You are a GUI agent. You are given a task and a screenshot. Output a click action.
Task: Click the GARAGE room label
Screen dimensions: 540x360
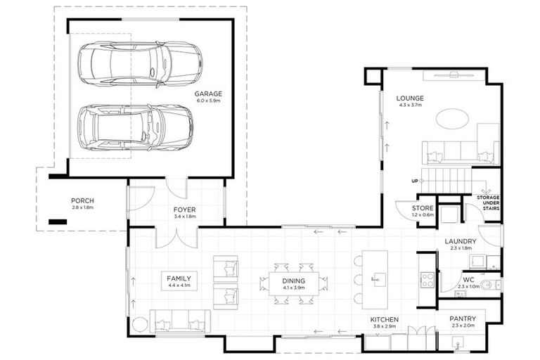(x=208, y=94)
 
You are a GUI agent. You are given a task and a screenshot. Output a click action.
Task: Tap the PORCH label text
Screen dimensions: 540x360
(x=82, y=200)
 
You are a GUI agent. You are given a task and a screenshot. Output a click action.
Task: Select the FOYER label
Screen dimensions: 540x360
(x=185, y=210)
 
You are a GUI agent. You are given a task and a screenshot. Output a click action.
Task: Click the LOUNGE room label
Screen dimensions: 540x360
(x=410, y=98)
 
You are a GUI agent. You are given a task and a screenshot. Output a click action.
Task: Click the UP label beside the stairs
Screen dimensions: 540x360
(x=415, y=181)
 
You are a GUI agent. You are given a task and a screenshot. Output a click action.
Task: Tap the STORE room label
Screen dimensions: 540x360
(x=423, y=208)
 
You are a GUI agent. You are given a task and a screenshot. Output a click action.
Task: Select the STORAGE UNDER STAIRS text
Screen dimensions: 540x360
(x=488, y=203)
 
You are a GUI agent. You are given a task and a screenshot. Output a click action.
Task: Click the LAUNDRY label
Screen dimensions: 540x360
(x=461, y=241)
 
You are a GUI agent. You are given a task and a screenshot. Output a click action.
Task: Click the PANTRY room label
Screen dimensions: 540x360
(x=463, y=319)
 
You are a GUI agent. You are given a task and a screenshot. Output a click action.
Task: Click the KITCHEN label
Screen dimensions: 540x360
(x=385, y=320)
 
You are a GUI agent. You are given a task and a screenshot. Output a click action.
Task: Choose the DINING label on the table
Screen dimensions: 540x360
(x=294, y=281)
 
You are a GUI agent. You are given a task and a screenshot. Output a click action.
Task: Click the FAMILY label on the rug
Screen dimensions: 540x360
(x=179, y=278)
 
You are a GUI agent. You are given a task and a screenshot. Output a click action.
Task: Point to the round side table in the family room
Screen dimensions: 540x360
(x=140, y=325)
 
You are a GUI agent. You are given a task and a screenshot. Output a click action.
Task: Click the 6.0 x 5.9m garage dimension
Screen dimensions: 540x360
(x=208, y=101)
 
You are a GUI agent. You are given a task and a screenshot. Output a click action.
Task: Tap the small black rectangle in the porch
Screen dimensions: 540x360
(x=58, y=222)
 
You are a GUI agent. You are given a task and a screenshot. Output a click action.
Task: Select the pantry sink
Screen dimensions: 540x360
(x=457, y=343)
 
